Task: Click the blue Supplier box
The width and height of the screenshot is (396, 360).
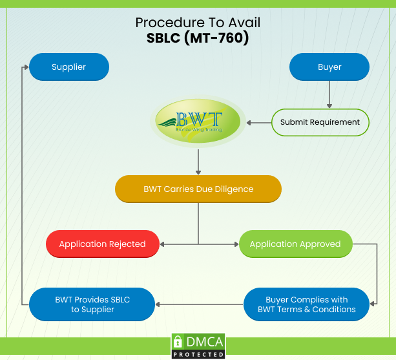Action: tap(69, 67)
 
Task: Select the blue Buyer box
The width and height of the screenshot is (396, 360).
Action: tap(329, 67)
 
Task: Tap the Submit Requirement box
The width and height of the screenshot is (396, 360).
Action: tap(320, 122)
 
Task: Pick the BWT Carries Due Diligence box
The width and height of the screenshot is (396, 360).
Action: tap(198, 189)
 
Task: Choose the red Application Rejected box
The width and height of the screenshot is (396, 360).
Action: tap(102, 244)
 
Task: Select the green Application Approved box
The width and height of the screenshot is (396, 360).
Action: tap(295, 244)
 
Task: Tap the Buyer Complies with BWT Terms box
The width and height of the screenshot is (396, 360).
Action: tap(307, 304)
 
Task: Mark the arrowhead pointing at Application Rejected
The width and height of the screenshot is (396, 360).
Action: tap(163, 244)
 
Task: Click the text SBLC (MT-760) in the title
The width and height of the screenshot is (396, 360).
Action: tap(198, 38)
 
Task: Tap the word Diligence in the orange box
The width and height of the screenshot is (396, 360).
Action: tap(230, 189)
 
